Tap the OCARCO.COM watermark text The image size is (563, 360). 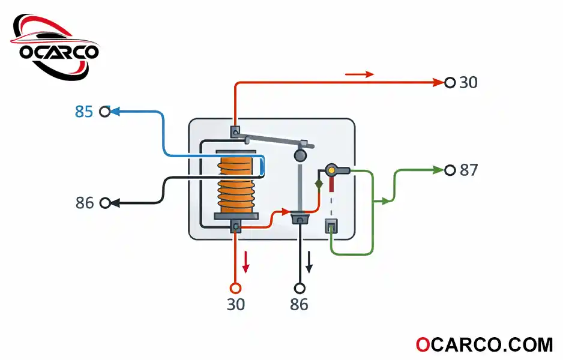484,345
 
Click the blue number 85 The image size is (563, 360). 83,112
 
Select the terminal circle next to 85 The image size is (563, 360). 105,112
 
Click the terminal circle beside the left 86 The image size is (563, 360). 105,203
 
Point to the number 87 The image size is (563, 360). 469,170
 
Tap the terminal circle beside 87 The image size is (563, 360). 450,170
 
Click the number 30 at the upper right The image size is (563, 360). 468,83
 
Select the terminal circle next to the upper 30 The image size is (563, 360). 450,83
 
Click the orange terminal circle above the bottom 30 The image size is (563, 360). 235,288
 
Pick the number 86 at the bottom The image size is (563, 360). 299,304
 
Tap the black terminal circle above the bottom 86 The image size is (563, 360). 300,288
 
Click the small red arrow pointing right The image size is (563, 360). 360,74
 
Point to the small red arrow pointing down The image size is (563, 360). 245,262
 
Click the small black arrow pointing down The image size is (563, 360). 309,262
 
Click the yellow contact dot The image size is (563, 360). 332,170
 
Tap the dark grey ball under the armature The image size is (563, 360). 300,155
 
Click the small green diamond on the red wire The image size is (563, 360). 319,184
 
